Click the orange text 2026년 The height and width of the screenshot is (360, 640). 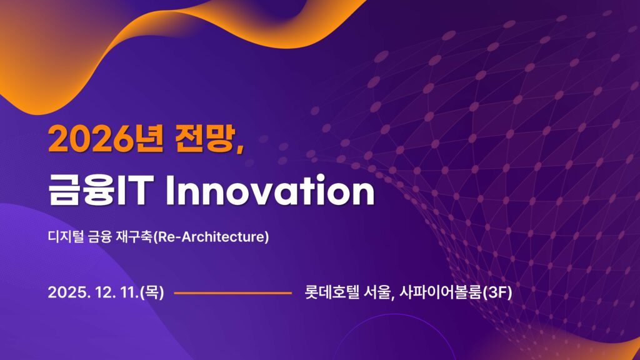click(106, 139)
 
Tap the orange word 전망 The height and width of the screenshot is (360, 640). click(205, 139)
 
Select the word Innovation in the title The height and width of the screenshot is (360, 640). click(270, 191)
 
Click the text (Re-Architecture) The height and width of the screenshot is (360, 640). click(211, 237)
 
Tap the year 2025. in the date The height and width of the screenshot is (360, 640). click(69, 292)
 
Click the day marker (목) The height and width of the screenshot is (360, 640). click(152, 292)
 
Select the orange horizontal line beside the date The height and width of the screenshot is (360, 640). click(232, 292)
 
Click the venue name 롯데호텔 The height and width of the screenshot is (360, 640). click(332, 292)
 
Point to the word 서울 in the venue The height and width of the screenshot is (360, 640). click(378, 292)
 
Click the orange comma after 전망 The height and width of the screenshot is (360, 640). click(239, 149)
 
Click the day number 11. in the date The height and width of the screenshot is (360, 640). click(130, 292)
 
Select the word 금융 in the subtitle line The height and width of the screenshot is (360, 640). click(99, 237)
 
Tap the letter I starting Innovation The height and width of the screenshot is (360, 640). click(170, 191)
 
